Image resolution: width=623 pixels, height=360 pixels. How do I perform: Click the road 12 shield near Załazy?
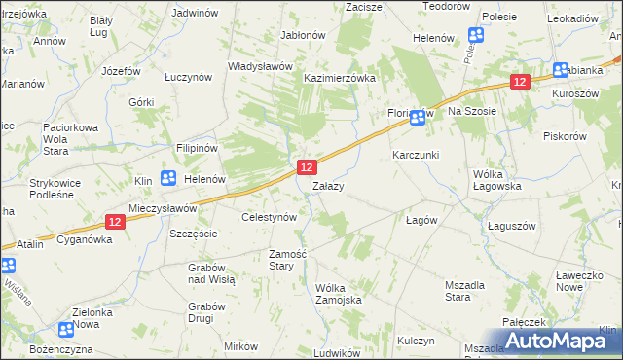pos(305,168)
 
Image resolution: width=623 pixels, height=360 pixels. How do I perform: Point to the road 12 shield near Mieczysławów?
pos(115,222)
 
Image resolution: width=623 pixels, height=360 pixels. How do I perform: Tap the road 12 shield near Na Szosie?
pos(520,83)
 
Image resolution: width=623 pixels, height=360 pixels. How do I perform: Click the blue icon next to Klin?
pos(167,178)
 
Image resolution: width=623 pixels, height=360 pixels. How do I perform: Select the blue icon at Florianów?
pos(418,119)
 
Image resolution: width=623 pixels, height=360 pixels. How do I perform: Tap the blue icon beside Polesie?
pos(476,36)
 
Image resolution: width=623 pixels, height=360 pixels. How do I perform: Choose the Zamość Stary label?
pos(288,259)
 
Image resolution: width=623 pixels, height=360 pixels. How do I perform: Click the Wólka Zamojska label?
pos(339,293)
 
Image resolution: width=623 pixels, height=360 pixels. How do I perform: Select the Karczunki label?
pos(416,155)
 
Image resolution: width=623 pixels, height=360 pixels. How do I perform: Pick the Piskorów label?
pos(564,136)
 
